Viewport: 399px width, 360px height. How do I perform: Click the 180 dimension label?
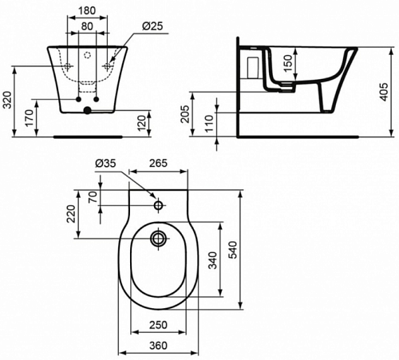pos(87,10)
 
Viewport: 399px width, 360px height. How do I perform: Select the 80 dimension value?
pos(87,26)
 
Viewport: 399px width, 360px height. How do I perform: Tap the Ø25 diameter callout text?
pos(152,26)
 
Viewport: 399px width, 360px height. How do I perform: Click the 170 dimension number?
pos(30,117)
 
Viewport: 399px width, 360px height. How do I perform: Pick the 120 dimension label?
pos(142,123)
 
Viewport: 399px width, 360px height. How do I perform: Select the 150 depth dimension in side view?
pos(288,63)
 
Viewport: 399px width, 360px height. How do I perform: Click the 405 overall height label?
pos(384,92)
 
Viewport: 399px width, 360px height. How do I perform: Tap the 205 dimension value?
pos(185,114)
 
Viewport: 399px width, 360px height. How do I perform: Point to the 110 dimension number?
pos(209,123)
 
